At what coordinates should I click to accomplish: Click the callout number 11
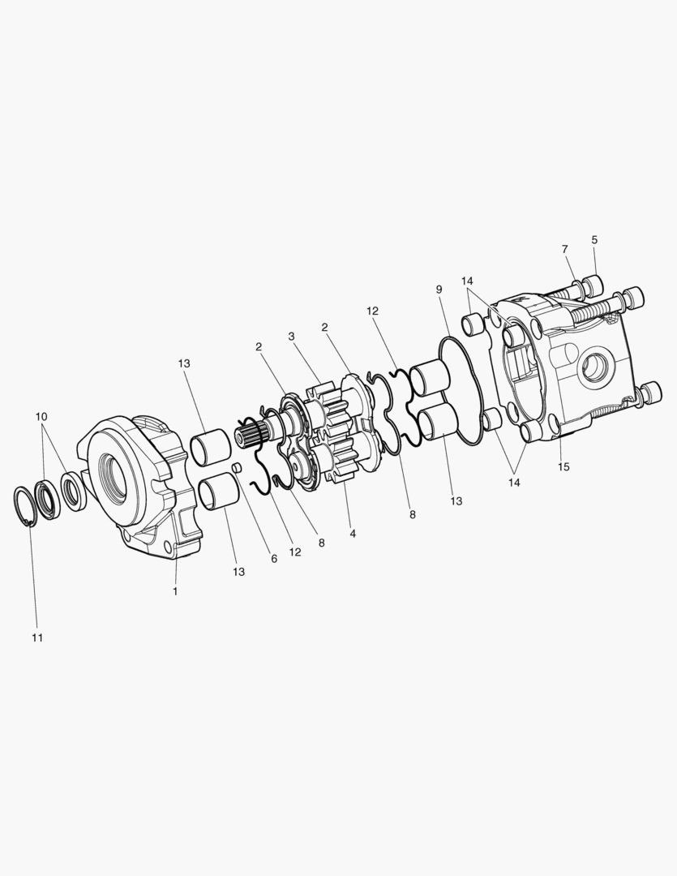point(37,638)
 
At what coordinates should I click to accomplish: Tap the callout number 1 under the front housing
point(174,591)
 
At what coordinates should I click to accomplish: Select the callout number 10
point(41,417)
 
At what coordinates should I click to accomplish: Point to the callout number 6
point(273,559)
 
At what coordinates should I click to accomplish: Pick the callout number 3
point(291,336)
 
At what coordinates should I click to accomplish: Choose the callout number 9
point(439,290)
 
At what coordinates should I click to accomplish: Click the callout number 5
point(594,240)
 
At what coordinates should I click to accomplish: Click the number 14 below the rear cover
point(513,482)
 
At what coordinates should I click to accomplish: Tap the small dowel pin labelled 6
point(236,468)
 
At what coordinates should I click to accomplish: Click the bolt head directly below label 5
point(593,284)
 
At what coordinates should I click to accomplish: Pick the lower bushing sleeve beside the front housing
point(218,492)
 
